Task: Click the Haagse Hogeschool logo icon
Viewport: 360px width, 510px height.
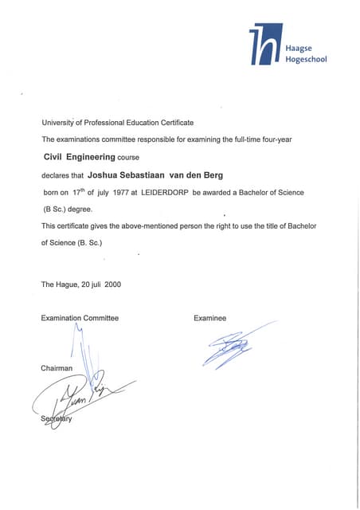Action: pyautogui.click(x=265, y=45)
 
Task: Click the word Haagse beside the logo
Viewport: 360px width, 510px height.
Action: pyautogui.click(x=299, y=48)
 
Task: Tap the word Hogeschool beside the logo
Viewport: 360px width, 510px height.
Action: pyautogui.click(x=306, y=59)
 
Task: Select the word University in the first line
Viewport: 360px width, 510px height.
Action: pyautogui.click(x=57, y=123)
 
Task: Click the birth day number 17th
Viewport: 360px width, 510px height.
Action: pyautogui.click(x=78, y=192)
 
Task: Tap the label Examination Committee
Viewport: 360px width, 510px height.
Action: pyautogui.click(x=80, y=318)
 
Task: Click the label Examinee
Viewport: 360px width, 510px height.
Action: pyautogui.click(x=209, y=318)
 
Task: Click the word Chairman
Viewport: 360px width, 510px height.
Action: pyautogui.click(x=57, y=367)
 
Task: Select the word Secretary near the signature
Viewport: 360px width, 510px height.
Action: pyautogui.click(x=57, y=420)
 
